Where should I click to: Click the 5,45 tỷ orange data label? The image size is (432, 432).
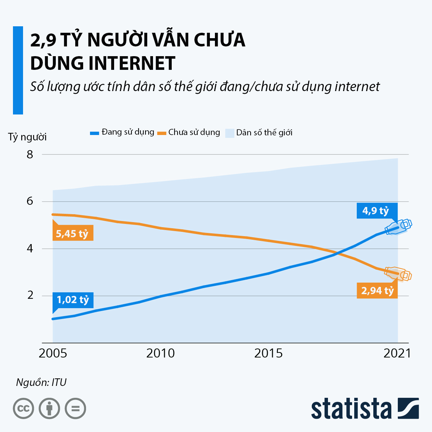(72, 234)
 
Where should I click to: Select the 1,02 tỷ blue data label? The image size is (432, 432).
(73, 300)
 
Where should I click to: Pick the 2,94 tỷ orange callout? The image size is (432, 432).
(377, 291)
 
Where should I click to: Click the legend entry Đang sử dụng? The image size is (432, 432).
(122, 132)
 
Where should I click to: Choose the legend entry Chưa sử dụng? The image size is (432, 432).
(189, 132)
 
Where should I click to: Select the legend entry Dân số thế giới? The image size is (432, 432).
(259, 133)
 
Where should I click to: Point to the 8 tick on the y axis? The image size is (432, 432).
(30, 154)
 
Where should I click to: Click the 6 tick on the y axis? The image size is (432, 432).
(30, 201)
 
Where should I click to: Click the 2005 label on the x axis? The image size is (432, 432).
(53, 354)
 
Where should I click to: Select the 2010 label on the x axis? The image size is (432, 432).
(161, 354)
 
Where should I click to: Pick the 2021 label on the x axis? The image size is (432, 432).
(397, 354)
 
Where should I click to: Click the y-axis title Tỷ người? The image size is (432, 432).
(27, 137)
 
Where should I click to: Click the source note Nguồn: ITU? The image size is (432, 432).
(41, 382)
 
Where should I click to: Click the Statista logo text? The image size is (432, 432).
(351, 409)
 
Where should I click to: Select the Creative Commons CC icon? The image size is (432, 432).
(23, 409)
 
